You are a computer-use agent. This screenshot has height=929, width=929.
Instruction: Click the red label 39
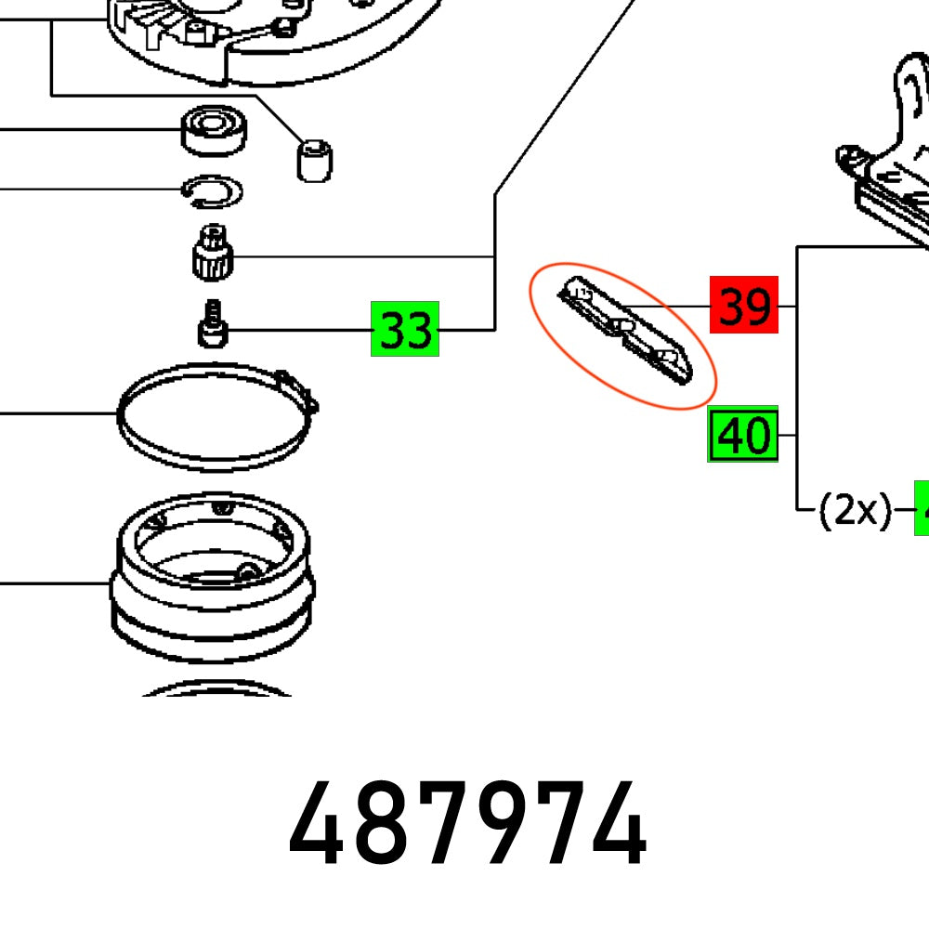click(743, 305)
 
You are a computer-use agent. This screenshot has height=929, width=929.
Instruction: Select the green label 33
click(405, 329)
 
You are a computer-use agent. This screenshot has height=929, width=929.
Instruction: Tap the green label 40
click(743, 435)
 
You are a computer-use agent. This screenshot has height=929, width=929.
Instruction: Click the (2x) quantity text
click(854, 510)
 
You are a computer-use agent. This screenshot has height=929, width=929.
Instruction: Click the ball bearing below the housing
click(215, 130)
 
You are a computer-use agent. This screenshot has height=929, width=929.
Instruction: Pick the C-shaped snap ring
click(212, 190)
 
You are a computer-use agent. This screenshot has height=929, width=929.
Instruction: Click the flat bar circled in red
click(624, 334)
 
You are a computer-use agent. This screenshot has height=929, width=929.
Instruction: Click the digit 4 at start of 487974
click(319, 825)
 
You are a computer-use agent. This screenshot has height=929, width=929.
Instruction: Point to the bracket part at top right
click(892, 158)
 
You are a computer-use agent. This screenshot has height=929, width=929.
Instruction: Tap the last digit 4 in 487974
click(617, 825)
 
